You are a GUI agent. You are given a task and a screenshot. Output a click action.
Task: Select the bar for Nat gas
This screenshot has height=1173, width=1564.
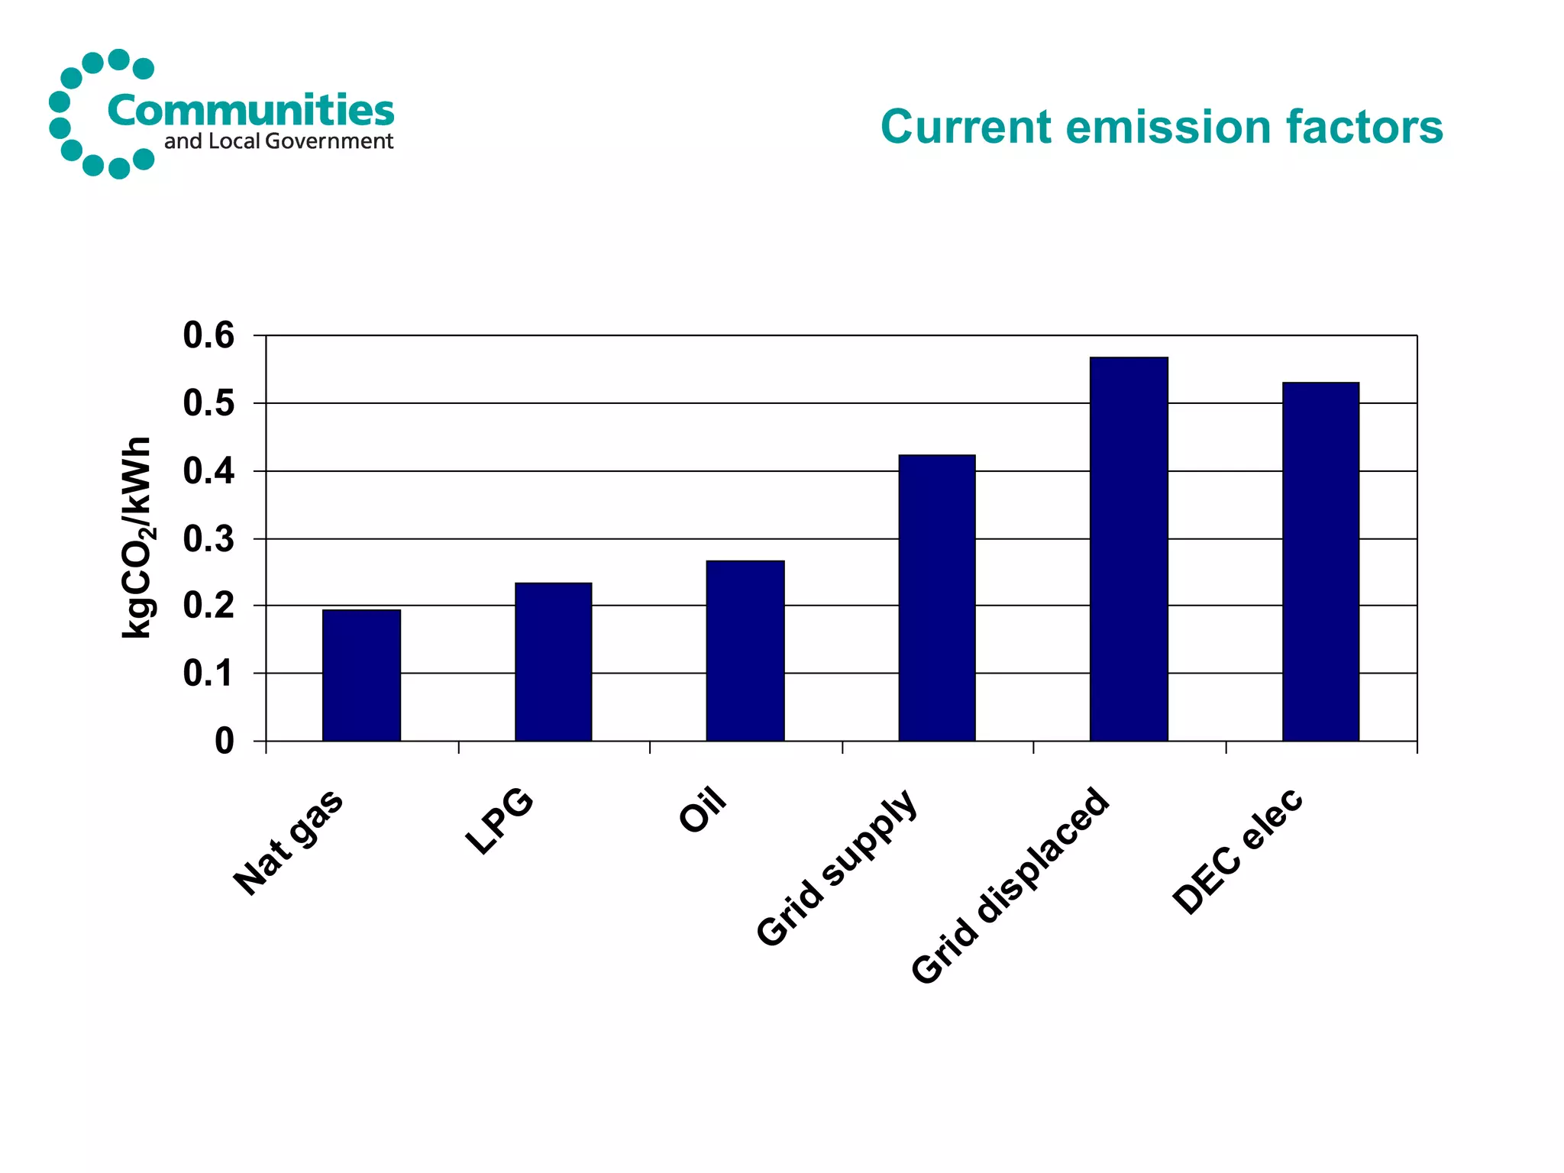coord(361,675)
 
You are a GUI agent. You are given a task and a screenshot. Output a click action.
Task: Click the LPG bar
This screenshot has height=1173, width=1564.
coord(553,661)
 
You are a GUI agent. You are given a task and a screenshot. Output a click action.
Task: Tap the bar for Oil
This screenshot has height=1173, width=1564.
coord(745,651)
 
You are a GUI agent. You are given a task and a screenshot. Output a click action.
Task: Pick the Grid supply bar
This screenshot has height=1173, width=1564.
coord(936,598)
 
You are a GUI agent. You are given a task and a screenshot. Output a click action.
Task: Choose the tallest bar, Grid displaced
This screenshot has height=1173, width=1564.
coord(1128,549)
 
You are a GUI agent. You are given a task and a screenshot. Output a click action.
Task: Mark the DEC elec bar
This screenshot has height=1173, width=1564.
coord(1320,561)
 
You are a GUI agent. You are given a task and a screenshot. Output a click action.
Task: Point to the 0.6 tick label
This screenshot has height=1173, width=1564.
coord(208,335)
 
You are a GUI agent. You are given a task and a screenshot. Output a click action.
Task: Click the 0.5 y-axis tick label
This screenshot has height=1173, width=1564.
coord(208,403)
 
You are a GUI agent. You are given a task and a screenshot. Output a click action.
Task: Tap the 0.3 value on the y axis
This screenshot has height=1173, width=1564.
coord(208,539)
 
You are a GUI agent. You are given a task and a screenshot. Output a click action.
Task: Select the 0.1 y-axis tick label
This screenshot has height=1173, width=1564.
coord(208,674)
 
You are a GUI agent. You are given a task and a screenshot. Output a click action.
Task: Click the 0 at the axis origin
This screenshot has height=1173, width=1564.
coord(224,741)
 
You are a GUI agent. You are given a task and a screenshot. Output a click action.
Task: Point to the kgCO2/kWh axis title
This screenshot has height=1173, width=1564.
coord(138,538)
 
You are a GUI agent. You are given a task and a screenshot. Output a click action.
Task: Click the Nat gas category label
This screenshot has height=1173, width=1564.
coord(289,842)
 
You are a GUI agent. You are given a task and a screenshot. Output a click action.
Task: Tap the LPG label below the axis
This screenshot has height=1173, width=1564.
coord(499,822)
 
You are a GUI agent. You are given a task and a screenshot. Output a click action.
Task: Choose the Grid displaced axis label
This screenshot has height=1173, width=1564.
coord(1010,886)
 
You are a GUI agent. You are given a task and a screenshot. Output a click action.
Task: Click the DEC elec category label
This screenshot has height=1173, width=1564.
coord(1237,851)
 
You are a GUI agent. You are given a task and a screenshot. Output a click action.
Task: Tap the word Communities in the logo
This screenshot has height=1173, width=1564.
coord(250,111)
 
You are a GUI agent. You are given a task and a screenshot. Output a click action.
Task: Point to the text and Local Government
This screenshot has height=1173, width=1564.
coord(279,141)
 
